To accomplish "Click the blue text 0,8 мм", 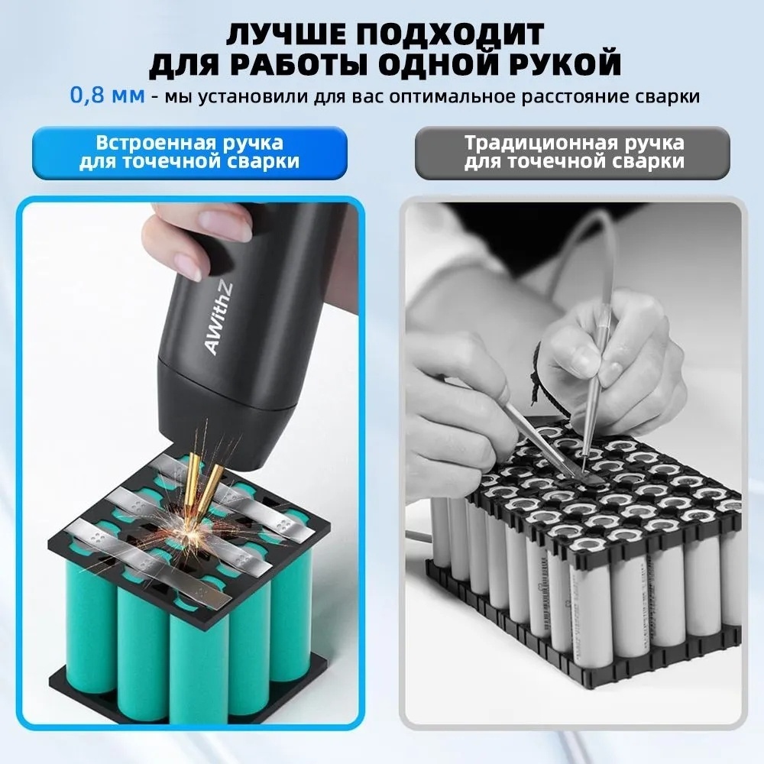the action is pos(107,95).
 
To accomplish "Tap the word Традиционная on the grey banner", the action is pos(539,143).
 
